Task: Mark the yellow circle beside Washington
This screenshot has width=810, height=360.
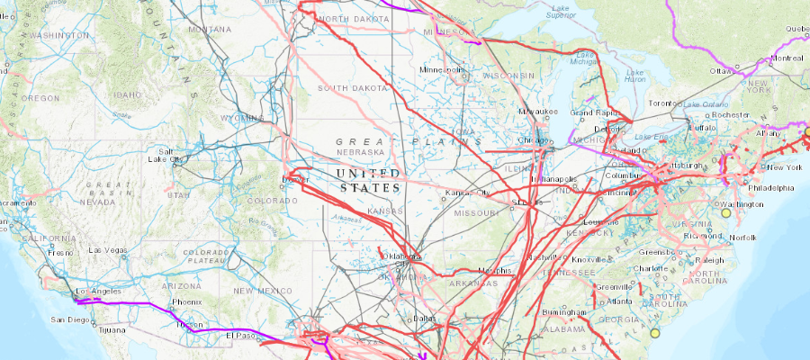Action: pyautogui.click(x=725, y=213)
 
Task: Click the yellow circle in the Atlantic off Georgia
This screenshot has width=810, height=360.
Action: pyautogui.click(x=654, y=334)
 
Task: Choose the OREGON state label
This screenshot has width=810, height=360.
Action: pyautogui.click(x=40, y=97)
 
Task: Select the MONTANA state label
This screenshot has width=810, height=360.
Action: pyautogui.click(x=210, y=29)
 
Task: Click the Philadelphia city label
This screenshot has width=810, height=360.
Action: pyautogui.click(x=772, y=188)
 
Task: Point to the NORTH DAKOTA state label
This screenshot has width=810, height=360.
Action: pyautogui.click(x=347, y=19)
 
